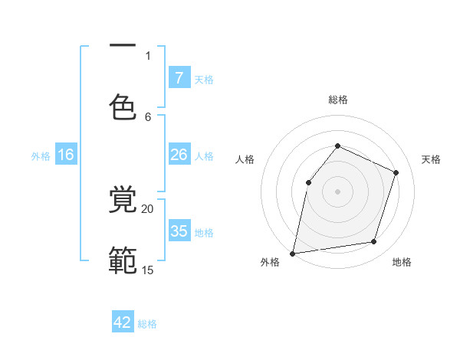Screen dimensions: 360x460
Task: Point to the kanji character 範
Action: coord(123,261)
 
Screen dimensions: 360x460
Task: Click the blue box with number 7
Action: coord(179,77)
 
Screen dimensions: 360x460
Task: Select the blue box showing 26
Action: coord(179,155)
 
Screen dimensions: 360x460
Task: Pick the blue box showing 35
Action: coord(179,231)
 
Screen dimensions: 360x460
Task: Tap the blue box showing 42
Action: coord(123,322)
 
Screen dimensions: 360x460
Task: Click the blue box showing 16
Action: coord(66,155)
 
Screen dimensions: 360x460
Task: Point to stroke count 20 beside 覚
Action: coord(148,208)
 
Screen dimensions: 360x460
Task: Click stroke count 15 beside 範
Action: coord(148,270)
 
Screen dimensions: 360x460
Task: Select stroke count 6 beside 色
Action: coord(148,116)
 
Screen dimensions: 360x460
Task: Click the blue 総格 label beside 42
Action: coord(147,324)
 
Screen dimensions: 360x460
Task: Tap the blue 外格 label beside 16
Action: coord(41,156)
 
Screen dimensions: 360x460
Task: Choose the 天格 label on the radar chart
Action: coord(431,159)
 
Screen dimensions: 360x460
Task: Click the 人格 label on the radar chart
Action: coord(245,159)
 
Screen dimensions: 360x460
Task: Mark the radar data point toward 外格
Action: coord(292,253)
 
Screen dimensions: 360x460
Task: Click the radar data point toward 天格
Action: coord(396,172)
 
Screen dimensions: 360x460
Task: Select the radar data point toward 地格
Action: coord(374,242)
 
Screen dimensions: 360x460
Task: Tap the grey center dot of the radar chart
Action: coord(337,191)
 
